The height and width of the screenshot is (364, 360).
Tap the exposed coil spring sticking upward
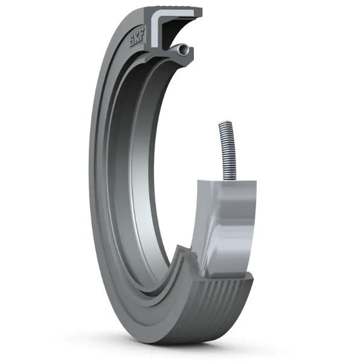click(226, 148)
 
